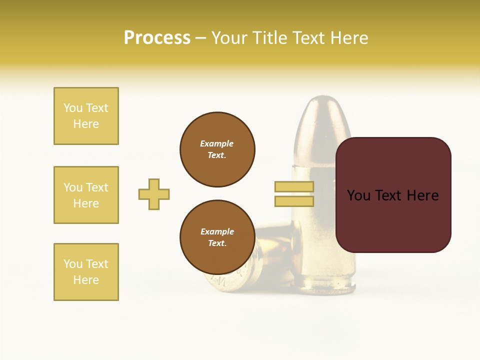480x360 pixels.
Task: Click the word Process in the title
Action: (x=157, y=38)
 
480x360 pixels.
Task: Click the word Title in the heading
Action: (x=269, y=38)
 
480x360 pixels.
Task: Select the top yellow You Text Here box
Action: (x=86, y=116)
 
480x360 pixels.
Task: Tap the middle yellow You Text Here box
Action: (x=86, y=195)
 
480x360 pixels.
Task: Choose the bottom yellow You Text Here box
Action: (x=86, y=272)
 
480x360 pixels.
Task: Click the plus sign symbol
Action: (x=154, y=194)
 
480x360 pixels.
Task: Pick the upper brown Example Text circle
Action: (x=217, y=149)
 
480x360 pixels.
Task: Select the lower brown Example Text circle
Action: (x=217, y=237)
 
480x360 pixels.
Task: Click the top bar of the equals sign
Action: (x=294, y=187)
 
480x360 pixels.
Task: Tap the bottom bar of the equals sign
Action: (x=294, y=201)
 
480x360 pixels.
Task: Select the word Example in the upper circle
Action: (x=216, y=143)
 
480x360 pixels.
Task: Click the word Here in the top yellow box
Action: (x=86, y=124)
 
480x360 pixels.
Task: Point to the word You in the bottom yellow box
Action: (x=73, y=264)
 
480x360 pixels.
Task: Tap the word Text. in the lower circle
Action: (x=217, y=243)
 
